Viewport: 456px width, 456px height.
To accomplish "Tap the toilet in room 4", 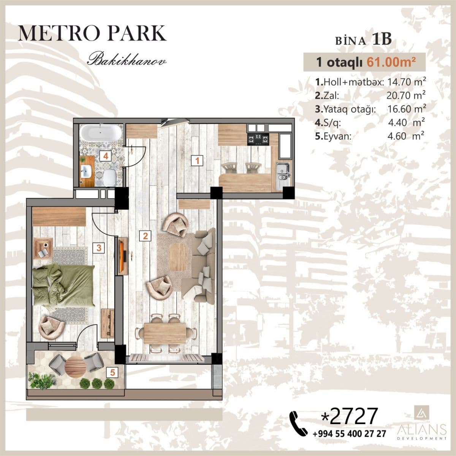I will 109,177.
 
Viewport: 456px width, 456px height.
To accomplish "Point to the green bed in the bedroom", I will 63,285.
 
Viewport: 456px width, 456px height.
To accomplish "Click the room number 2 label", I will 145,236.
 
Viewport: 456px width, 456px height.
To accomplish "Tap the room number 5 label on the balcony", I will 112,372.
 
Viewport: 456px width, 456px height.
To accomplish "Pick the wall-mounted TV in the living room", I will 123,256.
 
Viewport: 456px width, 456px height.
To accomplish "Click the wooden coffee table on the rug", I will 178,257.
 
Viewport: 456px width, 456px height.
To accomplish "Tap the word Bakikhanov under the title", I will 127,60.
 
